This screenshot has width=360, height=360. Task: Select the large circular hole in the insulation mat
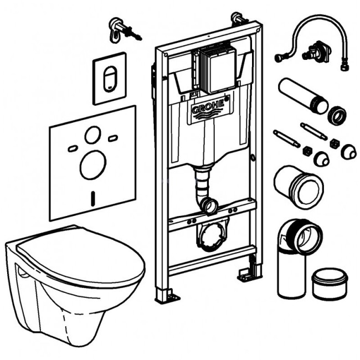click(92, 164)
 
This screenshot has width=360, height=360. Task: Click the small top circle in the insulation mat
click(93, 135)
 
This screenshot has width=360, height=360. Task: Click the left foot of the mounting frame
click(163, 294)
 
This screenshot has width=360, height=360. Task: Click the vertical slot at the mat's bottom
click(92, 198)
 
